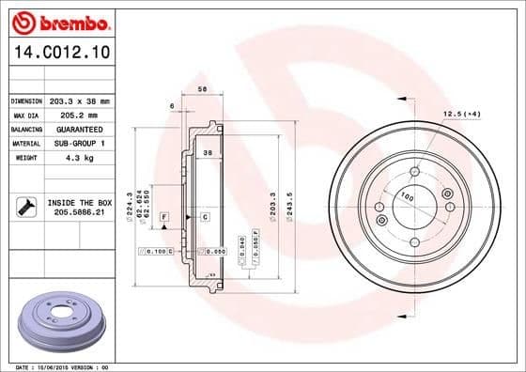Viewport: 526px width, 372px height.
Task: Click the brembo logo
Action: pyautogui.click(x=61, y=21)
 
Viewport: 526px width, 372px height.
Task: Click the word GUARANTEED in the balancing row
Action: pyautogui.click(x=79, y=129)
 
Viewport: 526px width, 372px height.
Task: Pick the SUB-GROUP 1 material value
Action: pyautogui.click(x=79, y=143)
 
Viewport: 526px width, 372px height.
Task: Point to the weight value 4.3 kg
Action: pyautogui.click(x=79, y=158)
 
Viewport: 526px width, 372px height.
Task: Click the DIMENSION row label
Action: pyautogui.click(x=26, y=101)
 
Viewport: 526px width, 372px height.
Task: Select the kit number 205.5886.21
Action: pyautogui.click(x=79, y=213)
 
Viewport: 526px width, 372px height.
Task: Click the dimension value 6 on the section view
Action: pyautogui.click(x=172, y=107)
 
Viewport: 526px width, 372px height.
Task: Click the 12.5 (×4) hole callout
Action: pyautogui.click(x=461, y=114)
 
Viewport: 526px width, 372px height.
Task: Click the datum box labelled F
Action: pyautogui.click(x=163, y=217)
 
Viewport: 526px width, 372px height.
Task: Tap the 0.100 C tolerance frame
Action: pyautogui.click(x=154, y=252)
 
